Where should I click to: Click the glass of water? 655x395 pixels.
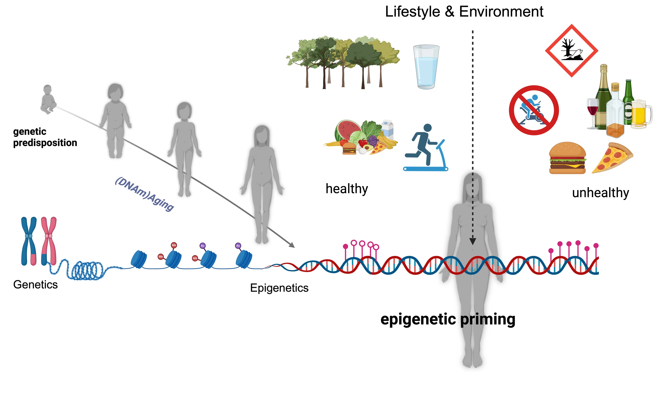pos(426,67)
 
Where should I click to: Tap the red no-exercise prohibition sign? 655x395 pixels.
pos(534,110)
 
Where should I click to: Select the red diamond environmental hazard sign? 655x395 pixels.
pos(572,50)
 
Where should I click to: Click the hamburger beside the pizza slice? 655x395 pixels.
pos(567,158)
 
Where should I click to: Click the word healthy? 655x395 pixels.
pos(347,189)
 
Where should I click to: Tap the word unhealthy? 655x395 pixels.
pos(600,193)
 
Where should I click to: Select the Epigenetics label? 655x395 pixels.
pos(279,288)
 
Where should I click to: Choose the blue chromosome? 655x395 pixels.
pos(29,241)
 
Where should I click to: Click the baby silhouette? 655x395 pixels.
pos(48,99)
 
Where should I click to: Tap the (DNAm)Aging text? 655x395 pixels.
pos(144,194)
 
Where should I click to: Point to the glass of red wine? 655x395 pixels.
pos(593,112)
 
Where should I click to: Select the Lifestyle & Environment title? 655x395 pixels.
pos(464,12)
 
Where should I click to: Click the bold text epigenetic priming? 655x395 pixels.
pos(448,319)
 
